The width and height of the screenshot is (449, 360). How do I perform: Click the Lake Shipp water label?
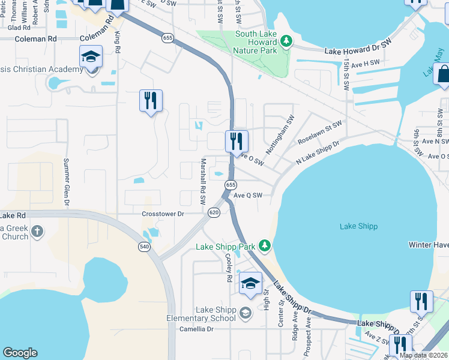(x=359, y=226)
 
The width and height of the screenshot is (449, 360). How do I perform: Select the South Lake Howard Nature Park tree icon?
(x=287, y=41)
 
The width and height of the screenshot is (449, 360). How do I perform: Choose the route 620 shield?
(x=214, y=213)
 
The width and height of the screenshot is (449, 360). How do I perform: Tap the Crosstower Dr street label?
(x=163, y=214)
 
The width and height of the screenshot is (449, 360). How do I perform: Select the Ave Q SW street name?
(x=248, y=195)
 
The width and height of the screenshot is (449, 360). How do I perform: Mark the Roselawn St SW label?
(x=319, y=132)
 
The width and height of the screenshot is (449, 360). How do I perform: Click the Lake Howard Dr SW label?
(x=358, y=52)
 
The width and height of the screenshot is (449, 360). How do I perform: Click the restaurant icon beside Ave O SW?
(x=237, y=142)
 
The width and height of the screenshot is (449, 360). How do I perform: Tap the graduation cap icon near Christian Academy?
(x=91, y=56)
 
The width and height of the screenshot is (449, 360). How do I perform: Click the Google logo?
(x=20, y=353)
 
